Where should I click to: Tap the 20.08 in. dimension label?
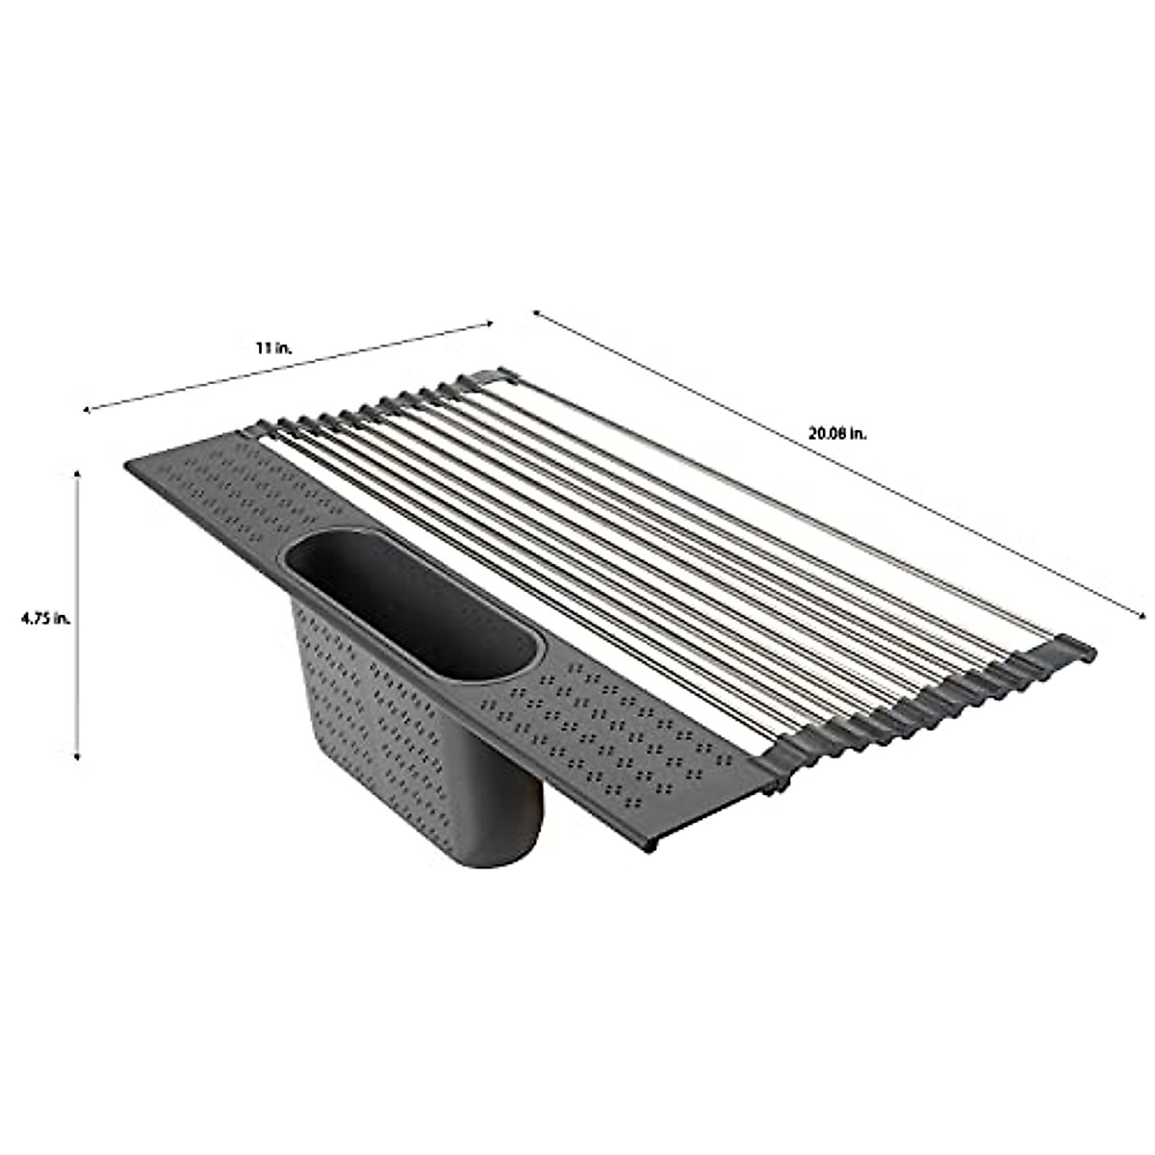(837, 434)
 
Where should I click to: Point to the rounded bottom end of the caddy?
(500, 847)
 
